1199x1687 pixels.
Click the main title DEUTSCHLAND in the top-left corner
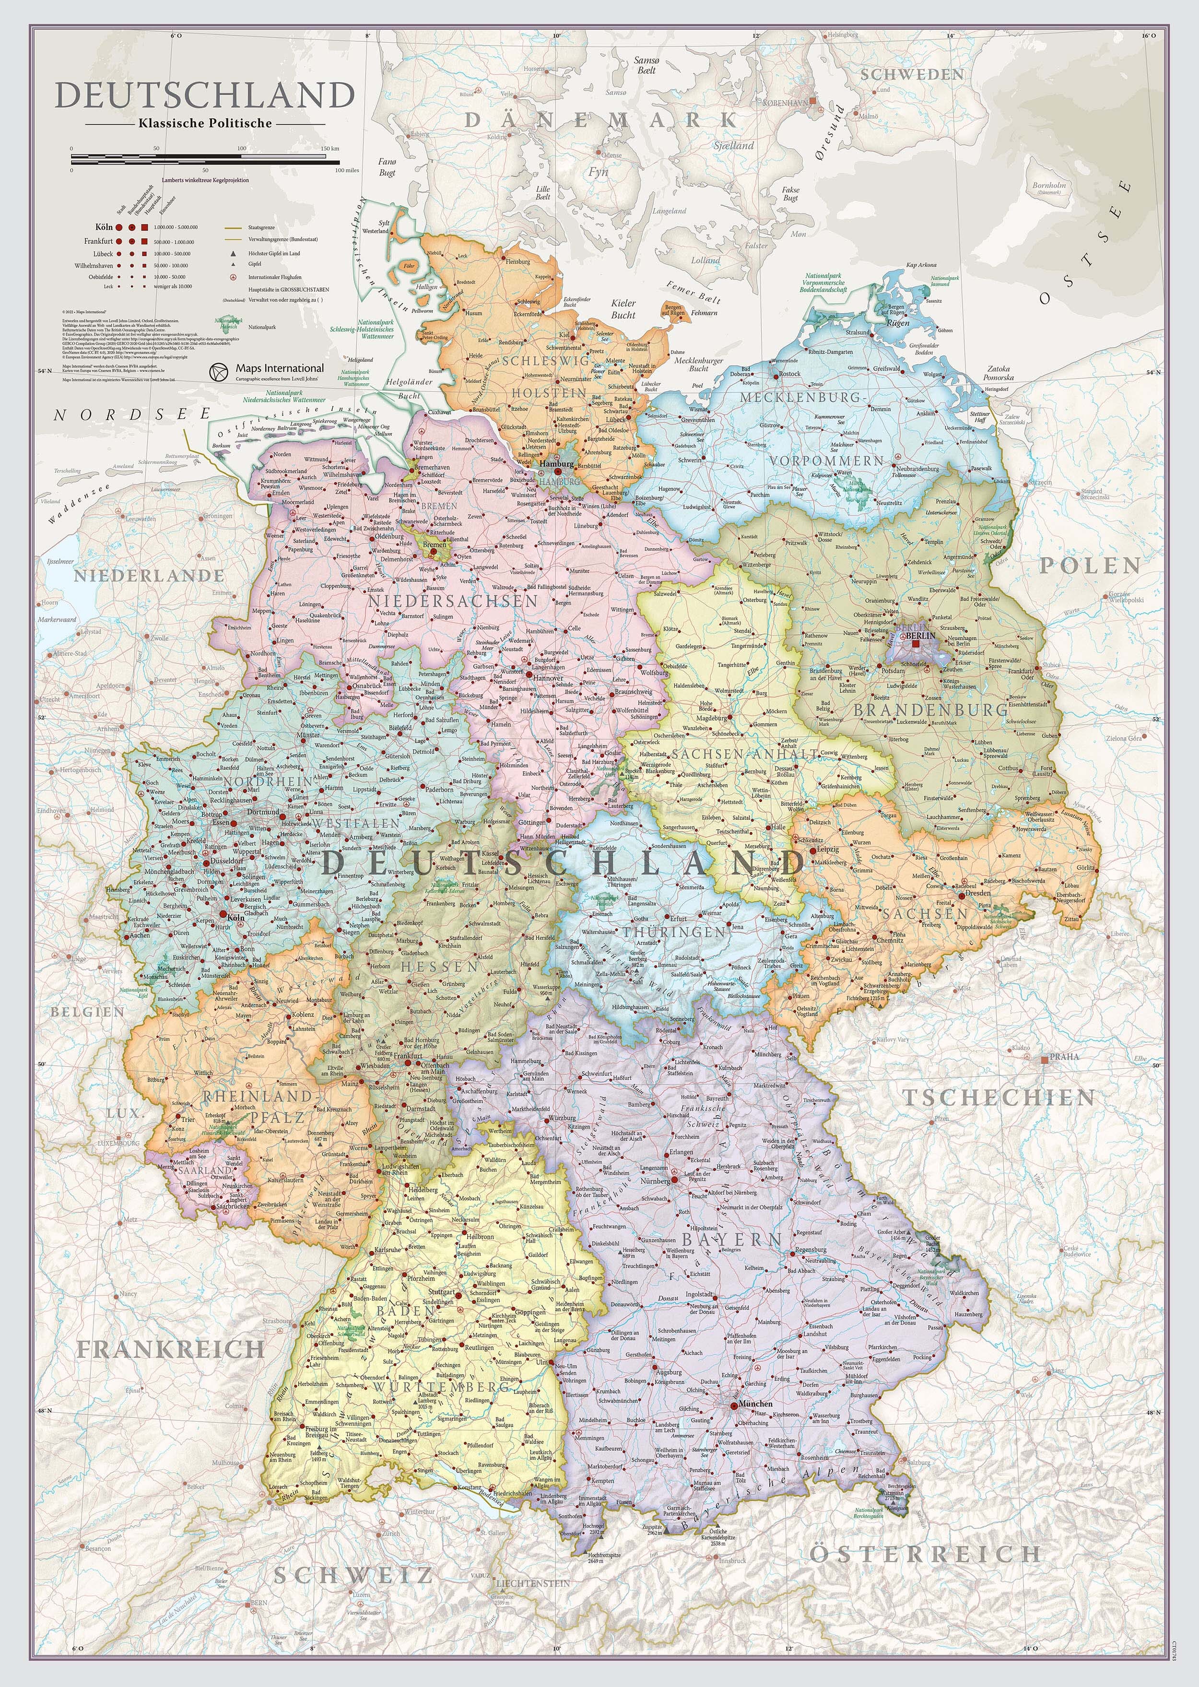pyautogui.click(x=204, y=96)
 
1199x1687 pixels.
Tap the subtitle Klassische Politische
pyautogui.click(x=204, y=123)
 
